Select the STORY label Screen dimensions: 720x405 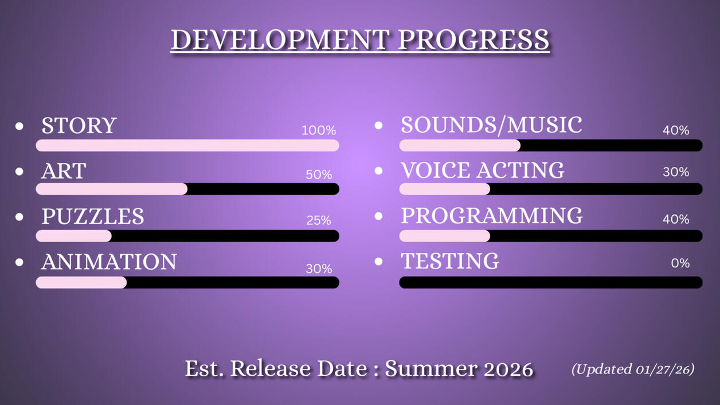tap(79, 125)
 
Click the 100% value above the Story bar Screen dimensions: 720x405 tap(319, 130)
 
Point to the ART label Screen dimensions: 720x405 tap(64, 171)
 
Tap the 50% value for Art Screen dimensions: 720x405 tap(319, 174)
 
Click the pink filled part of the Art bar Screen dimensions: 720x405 tap(112, 189)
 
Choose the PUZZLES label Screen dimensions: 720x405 tap(92, 216)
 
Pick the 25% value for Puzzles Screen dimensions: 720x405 tap(319, 220)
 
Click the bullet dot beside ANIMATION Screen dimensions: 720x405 tap(19, 262)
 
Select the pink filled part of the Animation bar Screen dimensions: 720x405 tap(81, 282)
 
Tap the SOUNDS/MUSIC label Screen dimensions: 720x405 tap(491, 125)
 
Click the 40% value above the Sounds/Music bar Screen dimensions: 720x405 tap(676, 130)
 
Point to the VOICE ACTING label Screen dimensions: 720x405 tap(483, 170)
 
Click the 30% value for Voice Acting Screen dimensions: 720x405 tap(676, 172)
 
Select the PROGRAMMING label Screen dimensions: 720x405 tap(492, 216)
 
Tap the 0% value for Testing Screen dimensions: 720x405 tap(680, 263)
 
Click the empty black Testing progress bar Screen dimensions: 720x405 tap(551, 282)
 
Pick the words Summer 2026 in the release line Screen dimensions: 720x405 tap(459, 369)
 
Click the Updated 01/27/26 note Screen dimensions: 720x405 tap(633, 369)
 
